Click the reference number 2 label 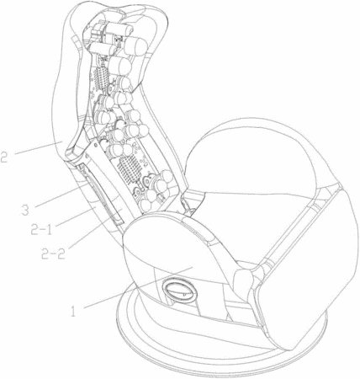tap(4, 157)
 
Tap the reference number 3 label tap(25, 210)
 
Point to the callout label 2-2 tap(53, 254)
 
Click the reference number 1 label tap(73, 311)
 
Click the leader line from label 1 tap(138, 287)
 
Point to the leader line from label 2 tap(39, 148)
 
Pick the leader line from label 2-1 tap(76, 216)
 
